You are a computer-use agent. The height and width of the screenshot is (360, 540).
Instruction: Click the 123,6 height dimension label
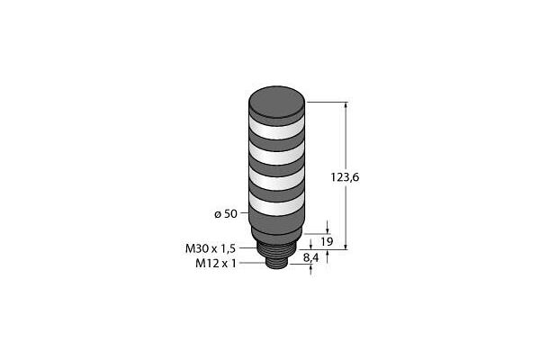pyautogui.click(x=345, y=177)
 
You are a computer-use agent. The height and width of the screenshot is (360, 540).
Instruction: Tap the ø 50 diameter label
pyautogui.click(x=226, y=214)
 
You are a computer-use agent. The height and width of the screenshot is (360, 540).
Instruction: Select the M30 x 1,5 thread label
pyautogui.click(x=211, y=248)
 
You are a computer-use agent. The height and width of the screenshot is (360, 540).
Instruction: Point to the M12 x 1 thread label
pyautogui.click(x=216, y=264)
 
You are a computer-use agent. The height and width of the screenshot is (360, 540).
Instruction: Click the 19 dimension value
pyautogui.click(x=327, y=242)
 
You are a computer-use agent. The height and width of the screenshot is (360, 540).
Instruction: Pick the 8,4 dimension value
pyautogui.click(x=310, y=257)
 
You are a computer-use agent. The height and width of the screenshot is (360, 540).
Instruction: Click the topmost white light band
pyautogui.click(x=276, y=126)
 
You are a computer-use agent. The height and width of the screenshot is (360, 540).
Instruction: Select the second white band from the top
pyautogui.click(x=276, y=153)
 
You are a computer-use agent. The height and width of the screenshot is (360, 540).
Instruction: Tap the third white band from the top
pyautogui.click(x=276, y=178)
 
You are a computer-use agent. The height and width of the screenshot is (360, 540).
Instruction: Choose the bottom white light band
pyautogui.click(x=276, y=204)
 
